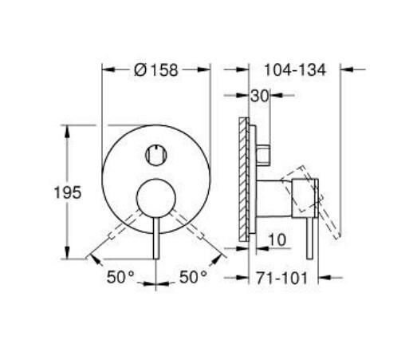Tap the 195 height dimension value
click(68, 192)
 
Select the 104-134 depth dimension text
click(296, 70)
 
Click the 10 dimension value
click(277, 238)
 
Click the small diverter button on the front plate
click(155, 154)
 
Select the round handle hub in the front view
click(155, 197)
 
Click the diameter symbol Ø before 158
click(140, 70)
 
